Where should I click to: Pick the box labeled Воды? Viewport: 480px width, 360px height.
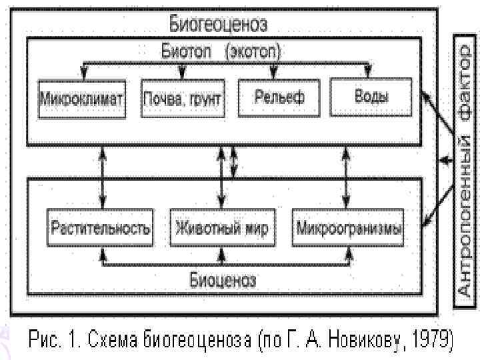(x=371, y=95)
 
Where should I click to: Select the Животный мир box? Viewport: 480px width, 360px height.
(x=222, y=229)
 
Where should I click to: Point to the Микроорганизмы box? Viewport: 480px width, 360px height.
(x=349, y=229)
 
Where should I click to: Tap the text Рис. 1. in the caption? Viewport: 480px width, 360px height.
(x=52, y=341)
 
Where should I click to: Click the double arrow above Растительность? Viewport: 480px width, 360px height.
(x=102, y=177)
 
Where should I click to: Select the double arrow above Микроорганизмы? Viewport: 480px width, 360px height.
(x=345, y=177)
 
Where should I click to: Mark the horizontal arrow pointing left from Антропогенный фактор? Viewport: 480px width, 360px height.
(x=445, y=161)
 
